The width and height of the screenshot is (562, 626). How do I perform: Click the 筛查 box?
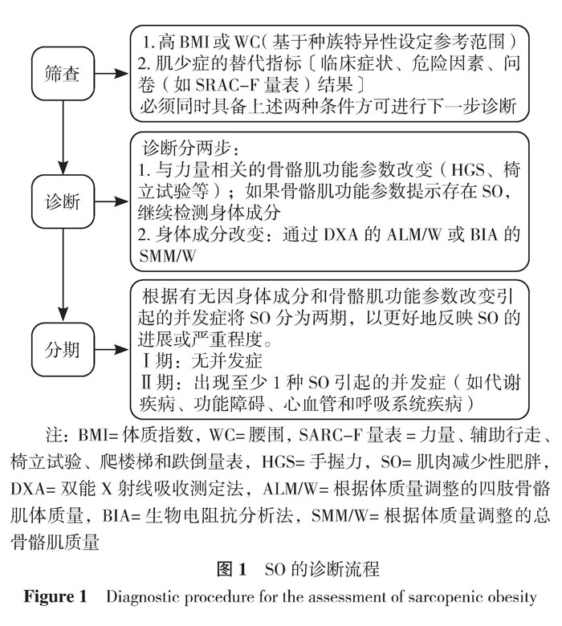click(63, 74)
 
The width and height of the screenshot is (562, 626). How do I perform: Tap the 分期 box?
click(63, 349)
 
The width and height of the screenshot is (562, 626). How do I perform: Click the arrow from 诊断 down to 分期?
click(63, 277)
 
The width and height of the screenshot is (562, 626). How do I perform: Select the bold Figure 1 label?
click(55, 598)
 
